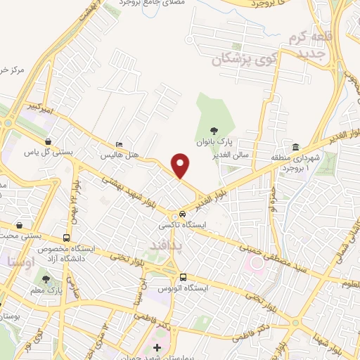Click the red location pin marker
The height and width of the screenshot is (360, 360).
(x=181, y=166)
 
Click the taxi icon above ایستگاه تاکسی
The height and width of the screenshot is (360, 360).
(x=182, y=213)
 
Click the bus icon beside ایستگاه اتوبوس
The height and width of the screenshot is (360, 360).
(x=183, y=277)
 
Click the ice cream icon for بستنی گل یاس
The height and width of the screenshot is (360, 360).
(x=47, y=141)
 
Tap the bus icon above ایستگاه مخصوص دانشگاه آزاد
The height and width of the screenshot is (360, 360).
(x=67, y=238)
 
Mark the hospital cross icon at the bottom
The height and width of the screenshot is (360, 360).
(x=157, y=347)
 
